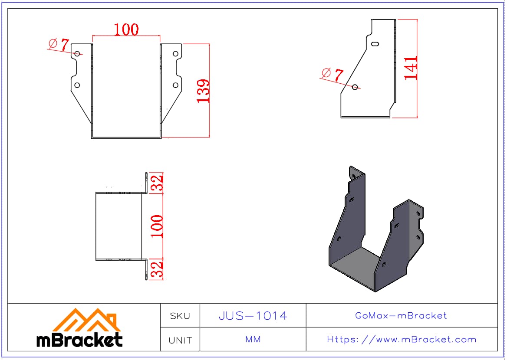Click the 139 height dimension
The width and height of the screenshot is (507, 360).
click(x=203, y=91)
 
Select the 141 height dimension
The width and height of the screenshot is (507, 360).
click(x=411, y=68)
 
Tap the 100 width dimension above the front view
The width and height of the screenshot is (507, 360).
click(x=126, y=29)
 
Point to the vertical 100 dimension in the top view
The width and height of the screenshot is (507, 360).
click(x=157, y=226)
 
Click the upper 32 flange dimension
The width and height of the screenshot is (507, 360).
click(x=157, y=183)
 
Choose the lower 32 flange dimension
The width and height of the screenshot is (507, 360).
click(x=157, y=269)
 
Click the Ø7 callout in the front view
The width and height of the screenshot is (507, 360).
click(x=59, y=45)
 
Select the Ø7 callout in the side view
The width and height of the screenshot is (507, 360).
click(x=333, y=75)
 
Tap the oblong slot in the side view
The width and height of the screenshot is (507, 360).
click(x=375, y=44)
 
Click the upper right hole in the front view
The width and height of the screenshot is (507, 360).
click(x=175, y=54)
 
